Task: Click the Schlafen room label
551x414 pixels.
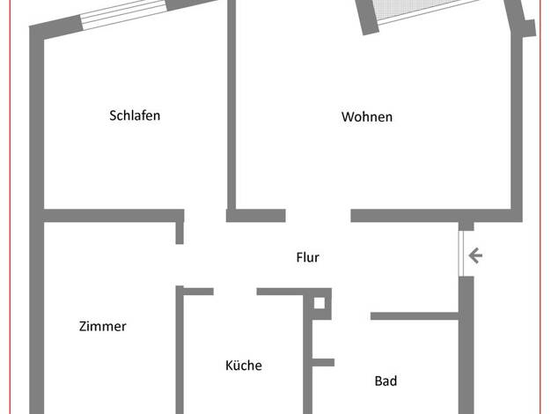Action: pos(135,115)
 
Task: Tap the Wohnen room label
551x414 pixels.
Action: pos(367,117)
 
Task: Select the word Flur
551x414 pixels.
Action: pos(307,257)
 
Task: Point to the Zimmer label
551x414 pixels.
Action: pos(103,327)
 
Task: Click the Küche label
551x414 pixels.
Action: pos(244,365)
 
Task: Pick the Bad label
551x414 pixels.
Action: pos(386,381)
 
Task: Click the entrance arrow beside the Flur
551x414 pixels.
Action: pos(475,255)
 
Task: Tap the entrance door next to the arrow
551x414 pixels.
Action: pos(461,254)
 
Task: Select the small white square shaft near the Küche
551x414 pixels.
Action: pos(320,303)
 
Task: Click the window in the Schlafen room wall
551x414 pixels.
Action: pos(124,15)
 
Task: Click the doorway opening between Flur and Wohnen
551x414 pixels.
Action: pos(318,216)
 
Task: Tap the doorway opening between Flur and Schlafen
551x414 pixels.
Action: pos(205,216)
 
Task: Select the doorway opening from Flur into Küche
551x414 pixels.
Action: pos(235,292)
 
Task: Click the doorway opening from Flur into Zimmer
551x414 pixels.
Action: pos(180,265)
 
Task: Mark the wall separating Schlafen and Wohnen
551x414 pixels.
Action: pos(231,106)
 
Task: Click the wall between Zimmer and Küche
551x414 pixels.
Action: pos(180,350)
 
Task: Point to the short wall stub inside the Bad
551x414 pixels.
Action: pos(323,362)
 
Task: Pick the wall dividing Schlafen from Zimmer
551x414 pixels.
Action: pos(114,216)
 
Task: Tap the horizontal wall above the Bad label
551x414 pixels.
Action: pos(415,316)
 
